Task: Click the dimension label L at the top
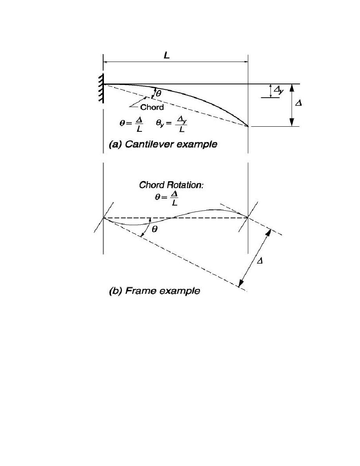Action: [167, 55]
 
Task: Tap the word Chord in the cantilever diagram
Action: [152, 107]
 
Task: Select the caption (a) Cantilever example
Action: [163, 144]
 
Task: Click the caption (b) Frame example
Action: [155, 291]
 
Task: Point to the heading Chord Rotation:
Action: [172, 185]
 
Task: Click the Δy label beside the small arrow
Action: [278, 90]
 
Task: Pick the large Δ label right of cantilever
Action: [298, 104]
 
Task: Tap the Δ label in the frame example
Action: [260, 261]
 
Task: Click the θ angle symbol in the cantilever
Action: [158, 94]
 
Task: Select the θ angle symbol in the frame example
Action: [155, 229]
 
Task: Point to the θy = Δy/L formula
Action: [171, 124]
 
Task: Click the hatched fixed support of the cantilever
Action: [101, 88]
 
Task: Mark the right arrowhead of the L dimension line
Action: [246, 62]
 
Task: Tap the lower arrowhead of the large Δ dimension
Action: [292, 122]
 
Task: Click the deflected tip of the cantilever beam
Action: [248, 126]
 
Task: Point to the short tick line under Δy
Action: [270, 98]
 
